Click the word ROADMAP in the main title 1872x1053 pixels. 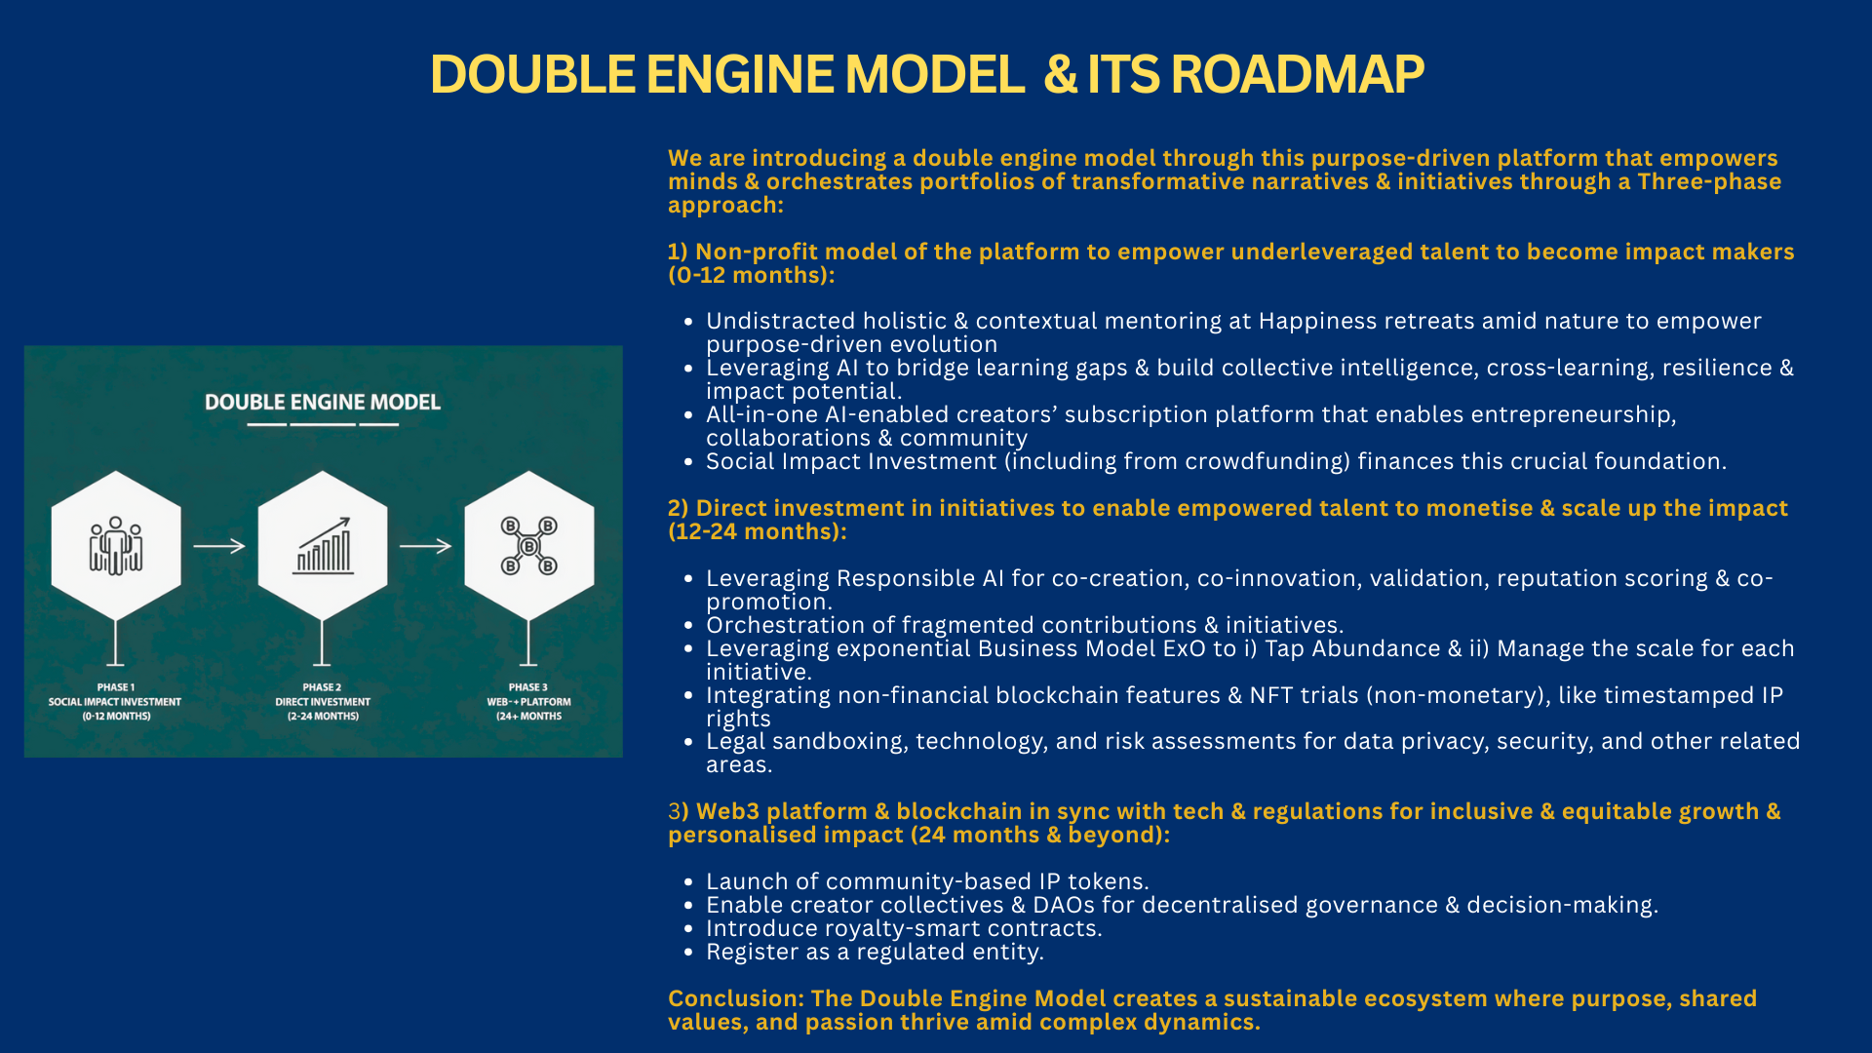(x=1297, y=74)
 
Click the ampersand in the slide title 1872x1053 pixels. (x=1060, y=74)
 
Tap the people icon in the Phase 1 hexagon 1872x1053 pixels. (x=116, y=546)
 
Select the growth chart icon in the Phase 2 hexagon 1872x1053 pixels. (x=323, y=546)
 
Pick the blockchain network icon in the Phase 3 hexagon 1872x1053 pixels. (x=528, y=546)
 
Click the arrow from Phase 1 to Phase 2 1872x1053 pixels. (x=219, y=546)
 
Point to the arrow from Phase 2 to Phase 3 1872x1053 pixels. (x=426, y=546)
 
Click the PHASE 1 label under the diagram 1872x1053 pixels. (x=116, y=687)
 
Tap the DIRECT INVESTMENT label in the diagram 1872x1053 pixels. (x=323, y=702)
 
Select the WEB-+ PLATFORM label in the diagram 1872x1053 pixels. (x=528, y=702)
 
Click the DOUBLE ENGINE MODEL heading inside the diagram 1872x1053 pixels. (x=323, y=402)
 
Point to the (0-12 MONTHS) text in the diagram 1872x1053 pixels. (x=116, y=717)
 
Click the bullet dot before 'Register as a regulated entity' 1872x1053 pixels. (x=688, y=953)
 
